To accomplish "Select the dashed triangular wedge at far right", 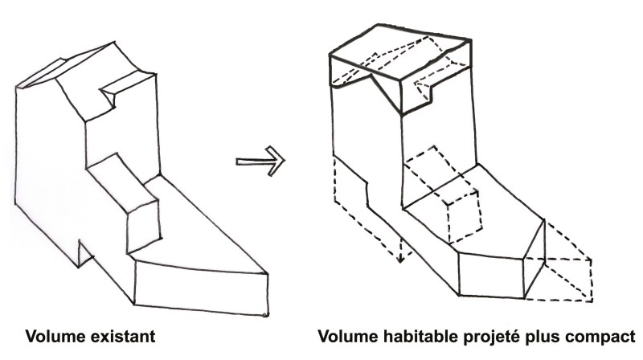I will tap(563, 261).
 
